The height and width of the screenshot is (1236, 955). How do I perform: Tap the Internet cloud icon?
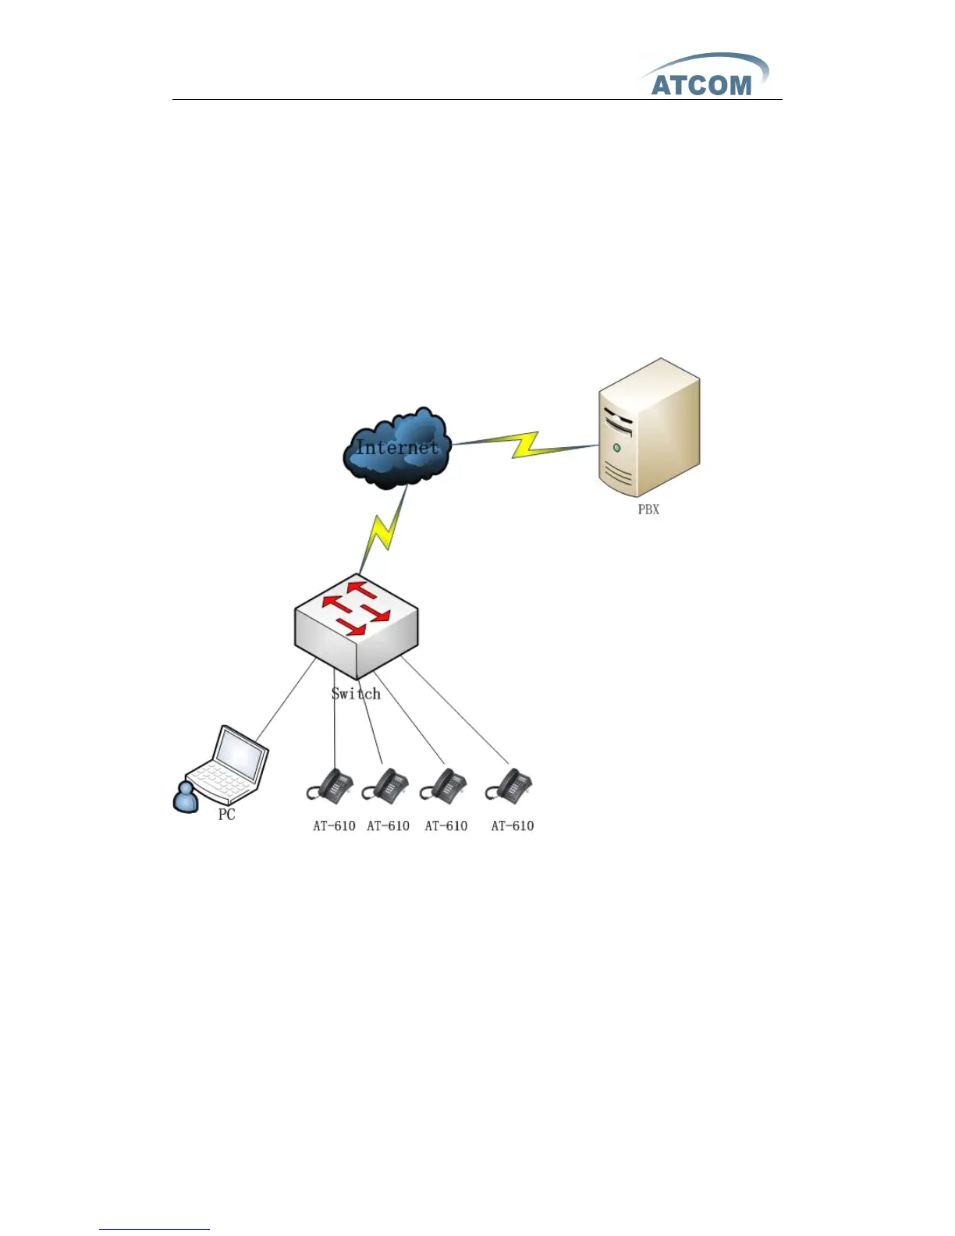396,448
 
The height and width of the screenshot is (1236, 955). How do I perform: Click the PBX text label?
648,510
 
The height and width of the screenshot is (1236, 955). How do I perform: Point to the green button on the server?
617,448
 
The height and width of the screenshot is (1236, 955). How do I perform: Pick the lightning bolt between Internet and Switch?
384,531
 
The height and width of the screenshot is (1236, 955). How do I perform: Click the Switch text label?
356,694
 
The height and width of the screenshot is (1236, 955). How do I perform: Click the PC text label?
226,815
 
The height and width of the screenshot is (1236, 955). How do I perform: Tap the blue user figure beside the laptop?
185,797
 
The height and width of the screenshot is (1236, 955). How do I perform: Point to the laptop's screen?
241,755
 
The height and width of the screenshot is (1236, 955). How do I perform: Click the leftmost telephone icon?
330,784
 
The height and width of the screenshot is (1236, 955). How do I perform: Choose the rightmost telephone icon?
509,784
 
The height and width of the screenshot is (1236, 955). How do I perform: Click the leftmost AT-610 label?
334,826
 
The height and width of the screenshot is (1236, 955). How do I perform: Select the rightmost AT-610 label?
513,826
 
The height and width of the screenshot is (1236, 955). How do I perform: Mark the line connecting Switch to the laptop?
286,698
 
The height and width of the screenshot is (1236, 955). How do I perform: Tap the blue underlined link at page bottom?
154,1229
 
